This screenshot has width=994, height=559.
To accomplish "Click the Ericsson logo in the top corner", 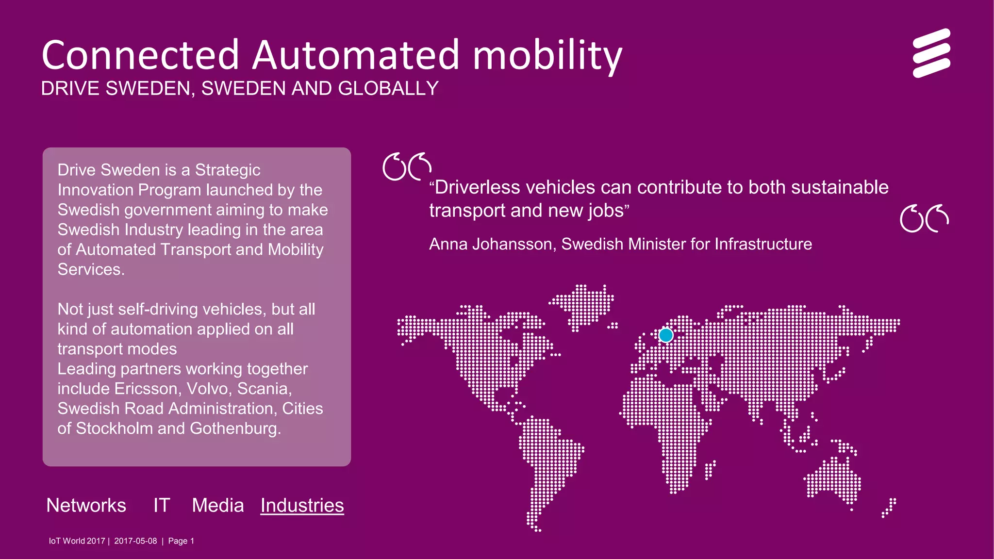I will click(931, 53).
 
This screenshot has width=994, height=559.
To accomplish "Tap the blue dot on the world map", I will click(666, 335).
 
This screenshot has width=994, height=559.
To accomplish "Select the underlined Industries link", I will click(302, 506).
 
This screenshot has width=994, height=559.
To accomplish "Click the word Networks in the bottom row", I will click(86, 506).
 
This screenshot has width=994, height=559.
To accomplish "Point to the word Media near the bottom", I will click(218, 506).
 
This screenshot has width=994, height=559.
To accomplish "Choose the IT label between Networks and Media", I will click(162, 506).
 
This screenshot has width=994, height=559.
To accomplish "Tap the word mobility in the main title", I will click(547, 56).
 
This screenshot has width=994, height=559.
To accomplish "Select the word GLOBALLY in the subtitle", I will click(388, 89).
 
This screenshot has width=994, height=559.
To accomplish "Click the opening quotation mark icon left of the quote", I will click(407, 167).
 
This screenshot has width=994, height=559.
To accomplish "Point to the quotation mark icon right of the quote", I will click(924, 219).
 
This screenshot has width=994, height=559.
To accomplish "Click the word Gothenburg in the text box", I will click(235, 428).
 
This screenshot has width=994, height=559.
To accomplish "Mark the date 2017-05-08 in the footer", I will click(135, 541).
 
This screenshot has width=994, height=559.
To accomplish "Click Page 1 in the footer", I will click(181, 541).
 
